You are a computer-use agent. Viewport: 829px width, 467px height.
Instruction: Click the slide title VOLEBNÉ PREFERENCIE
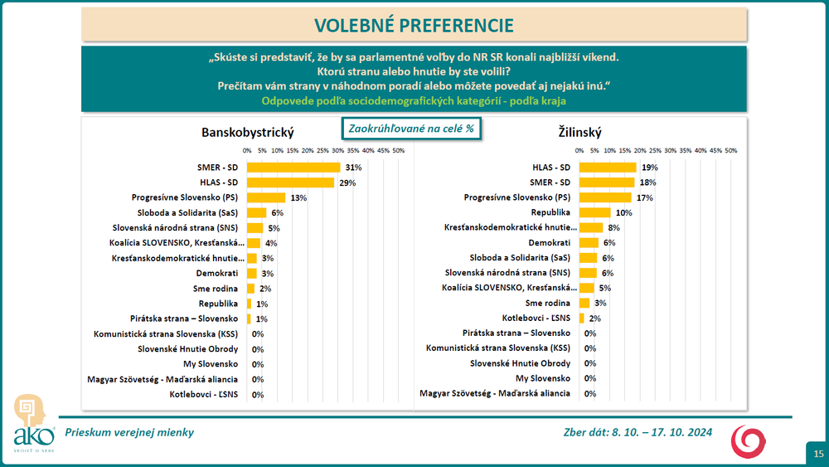[414, 24]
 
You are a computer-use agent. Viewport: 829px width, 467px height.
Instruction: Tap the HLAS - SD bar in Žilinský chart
[608, 168]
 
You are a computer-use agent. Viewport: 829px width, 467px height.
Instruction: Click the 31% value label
[355, 168]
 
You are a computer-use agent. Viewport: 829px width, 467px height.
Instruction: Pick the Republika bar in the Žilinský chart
[594, 212]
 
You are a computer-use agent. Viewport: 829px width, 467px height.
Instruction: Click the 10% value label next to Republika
[623, 212]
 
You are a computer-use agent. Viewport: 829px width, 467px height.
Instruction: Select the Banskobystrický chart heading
[248, 133]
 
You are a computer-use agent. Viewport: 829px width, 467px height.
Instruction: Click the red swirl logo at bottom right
[748, 440]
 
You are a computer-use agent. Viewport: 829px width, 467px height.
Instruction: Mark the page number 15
[817, 453]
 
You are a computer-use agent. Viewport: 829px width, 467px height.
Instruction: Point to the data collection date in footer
[636, 431]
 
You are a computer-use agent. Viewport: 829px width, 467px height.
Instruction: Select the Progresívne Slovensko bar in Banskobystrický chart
[266, 197]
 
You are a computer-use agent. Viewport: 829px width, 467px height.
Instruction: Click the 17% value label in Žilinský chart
[645, 197]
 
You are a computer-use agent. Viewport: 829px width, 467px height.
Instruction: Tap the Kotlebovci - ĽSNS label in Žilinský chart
[536, 319]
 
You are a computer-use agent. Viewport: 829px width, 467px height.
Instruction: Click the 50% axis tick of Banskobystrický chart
[398, 151]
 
